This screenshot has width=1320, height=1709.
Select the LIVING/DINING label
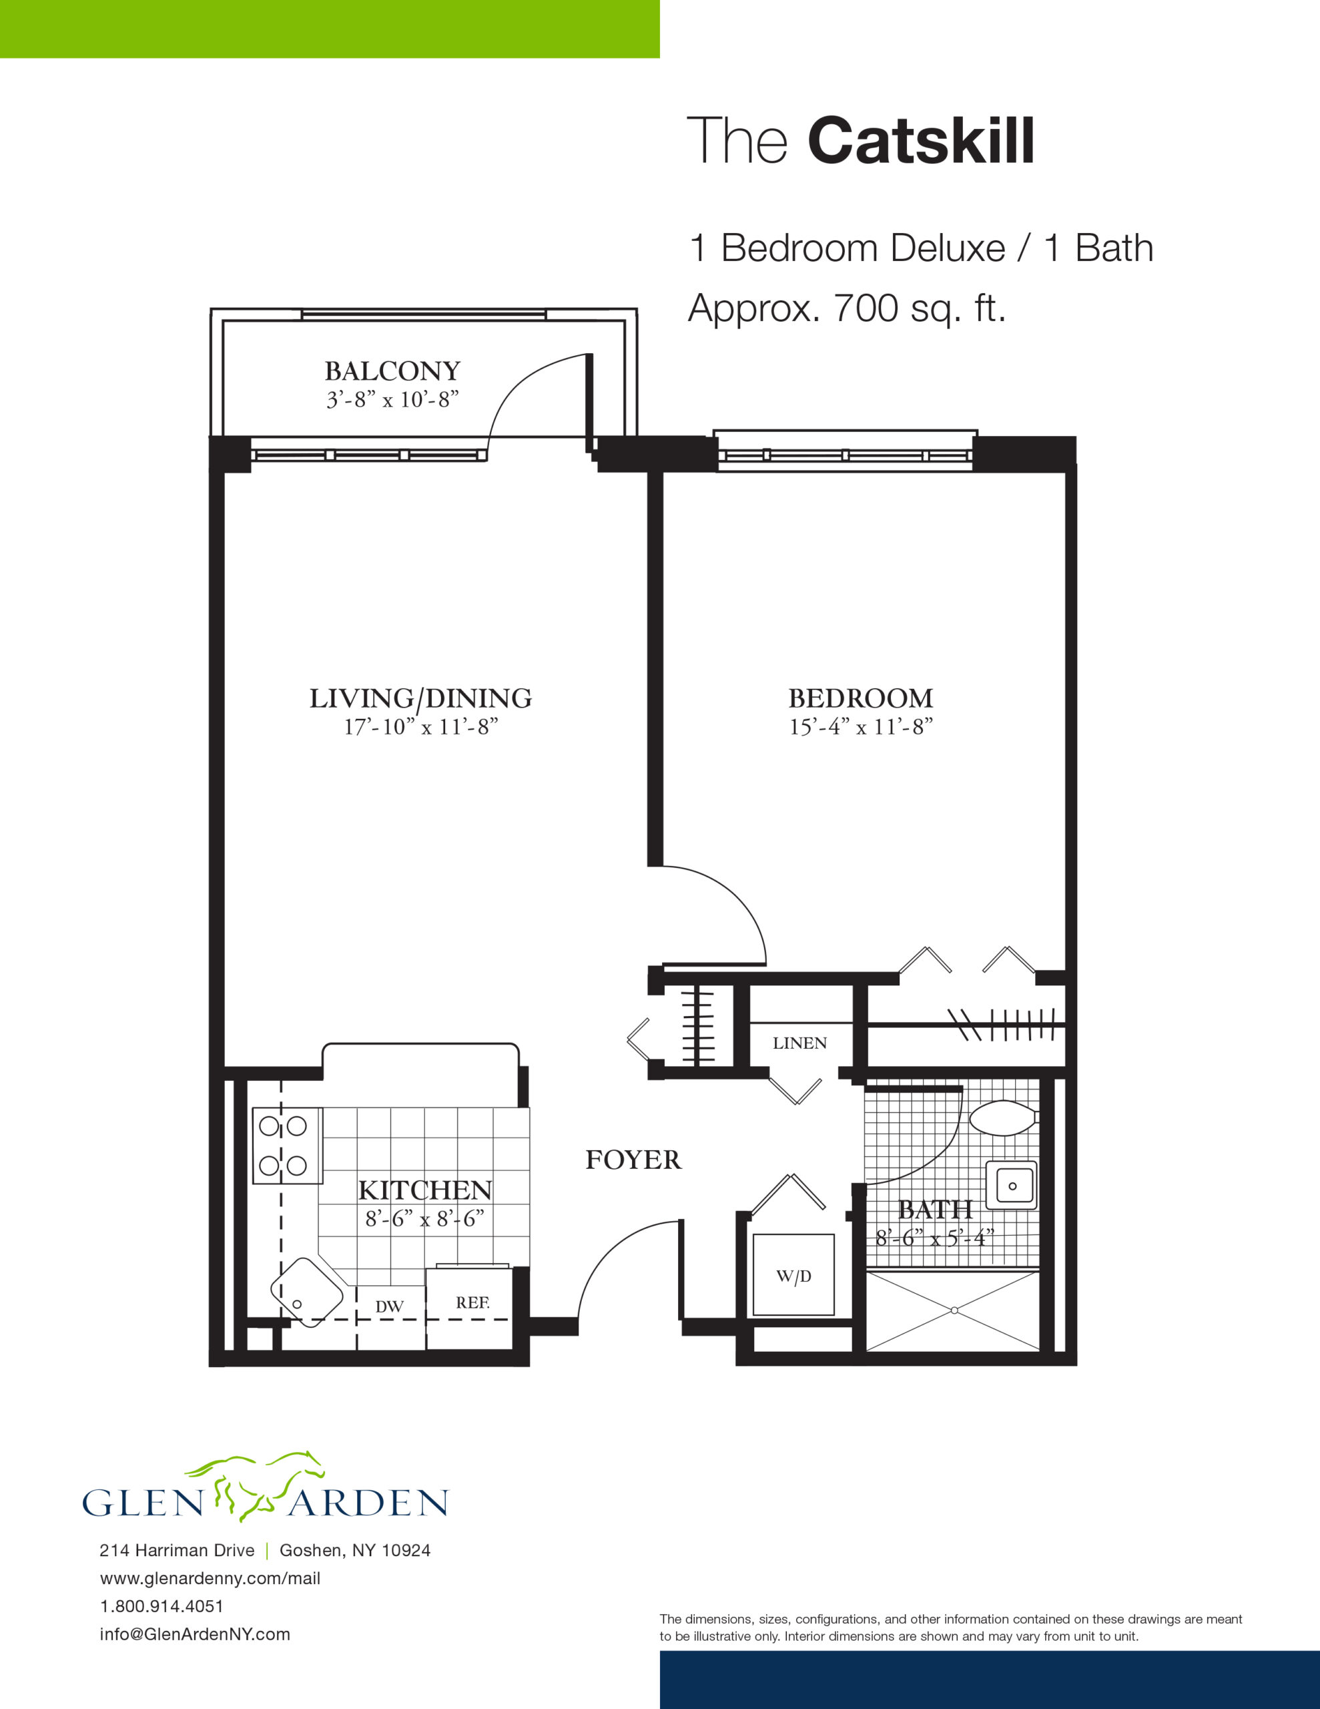(421, 698)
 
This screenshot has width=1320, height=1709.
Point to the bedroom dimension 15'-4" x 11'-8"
(861, 727)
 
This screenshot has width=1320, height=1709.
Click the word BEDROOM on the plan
(861, 698)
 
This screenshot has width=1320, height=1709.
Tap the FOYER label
(634, 1159)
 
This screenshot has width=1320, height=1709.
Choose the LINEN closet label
(799, 1043)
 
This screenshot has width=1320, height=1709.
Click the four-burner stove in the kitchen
(287, 1146)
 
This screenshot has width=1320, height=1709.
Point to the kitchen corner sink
(307, 1292)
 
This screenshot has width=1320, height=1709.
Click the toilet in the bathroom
(1004, 1117)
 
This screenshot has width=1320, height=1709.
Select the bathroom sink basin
(1012, 1186)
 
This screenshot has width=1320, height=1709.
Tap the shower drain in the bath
(954, 1310)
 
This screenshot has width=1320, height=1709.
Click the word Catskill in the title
(921, 141)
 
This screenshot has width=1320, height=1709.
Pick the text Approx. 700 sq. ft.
(847, 308)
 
